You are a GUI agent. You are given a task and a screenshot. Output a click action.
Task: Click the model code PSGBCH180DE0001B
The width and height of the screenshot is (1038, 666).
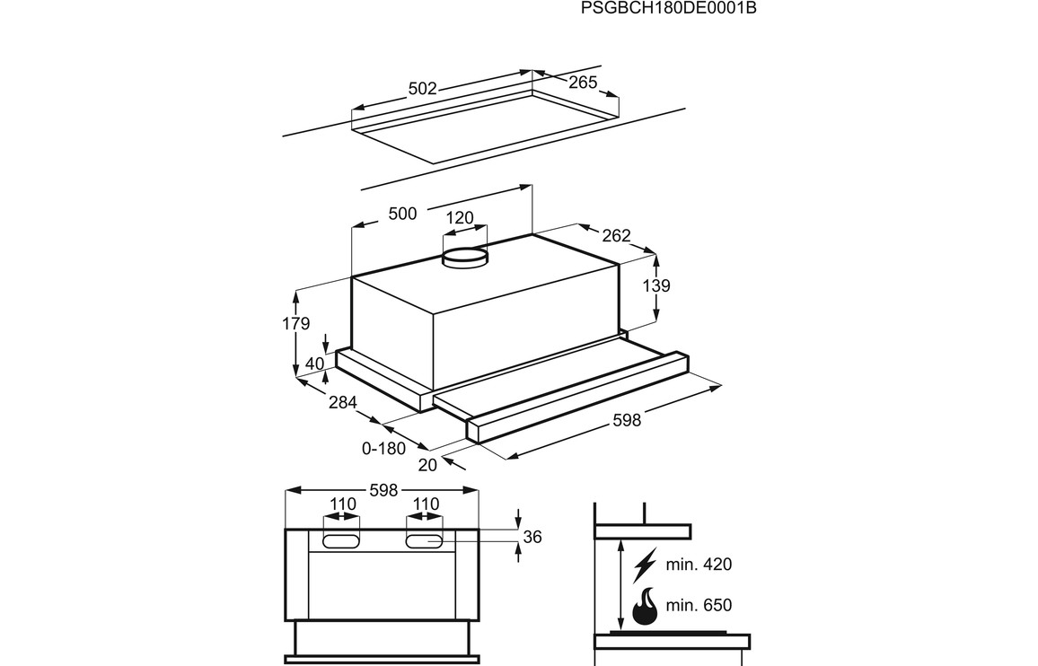click(663, 9)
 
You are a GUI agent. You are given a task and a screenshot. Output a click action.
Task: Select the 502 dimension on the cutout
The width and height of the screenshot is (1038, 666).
click(422, 89)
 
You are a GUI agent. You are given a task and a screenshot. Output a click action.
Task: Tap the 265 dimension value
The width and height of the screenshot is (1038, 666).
click(582, 83)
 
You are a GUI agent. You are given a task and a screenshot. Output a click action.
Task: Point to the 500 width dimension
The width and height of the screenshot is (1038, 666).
click(402, 214)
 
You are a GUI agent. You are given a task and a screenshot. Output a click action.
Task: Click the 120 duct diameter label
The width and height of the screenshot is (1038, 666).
click(459, 218)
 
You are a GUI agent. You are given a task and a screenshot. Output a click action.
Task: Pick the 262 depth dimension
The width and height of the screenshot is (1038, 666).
click(616, 236)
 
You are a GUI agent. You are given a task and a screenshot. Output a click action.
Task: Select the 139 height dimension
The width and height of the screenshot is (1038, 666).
click(657, 286)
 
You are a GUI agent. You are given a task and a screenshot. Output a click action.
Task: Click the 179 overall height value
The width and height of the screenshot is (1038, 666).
click(296, 324)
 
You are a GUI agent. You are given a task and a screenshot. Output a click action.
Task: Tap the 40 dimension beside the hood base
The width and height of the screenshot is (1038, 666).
click(314, 364)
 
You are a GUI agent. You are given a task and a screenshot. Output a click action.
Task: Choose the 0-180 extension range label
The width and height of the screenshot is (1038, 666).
click(384, 448)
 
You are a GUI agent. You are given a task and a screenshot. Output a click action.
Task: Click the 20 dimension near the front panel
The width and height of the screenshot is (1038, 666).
click(427, 464)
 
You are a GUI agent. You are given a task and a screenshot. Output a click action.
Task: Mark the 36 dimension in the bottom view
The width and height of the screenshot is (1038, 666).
click(532, 537)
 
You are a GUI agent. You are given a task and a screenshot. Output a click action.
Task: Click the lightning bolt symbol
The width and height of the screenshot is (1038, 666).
click(645, 565)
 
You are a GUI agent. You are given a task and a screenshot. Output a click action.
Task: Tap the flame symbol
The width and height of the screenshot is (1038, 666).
click(645, 606)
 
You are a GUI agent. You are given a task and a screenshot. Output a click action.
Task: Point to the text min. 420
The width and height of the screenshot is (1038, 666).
click(699, 565)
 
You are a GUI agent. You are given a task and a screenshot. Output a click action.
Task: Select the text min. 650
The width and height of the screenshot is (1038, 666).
click(699, 606)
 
